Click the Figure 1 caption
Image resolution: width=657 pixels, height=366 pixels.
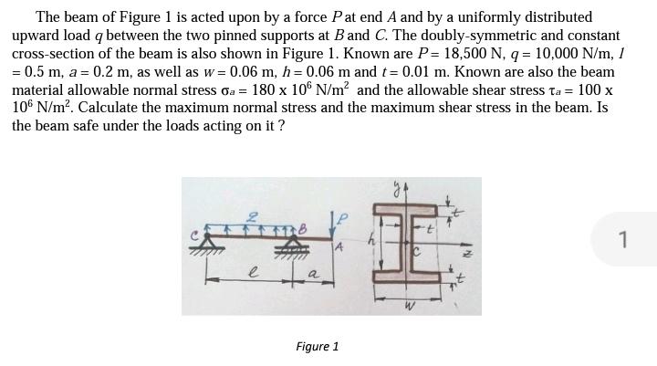click(x=318, y=347)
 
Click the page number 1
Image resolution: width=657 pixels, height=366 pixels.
click(x=622, y=240)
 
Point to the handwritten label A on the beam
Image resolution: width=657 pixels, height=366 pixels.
click(x=339, y=247)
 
